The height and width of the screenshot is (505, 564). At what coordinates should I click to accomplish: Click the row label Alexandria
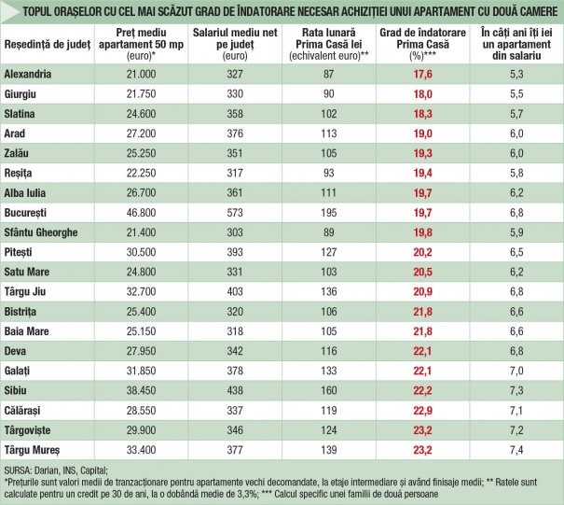point(29,74)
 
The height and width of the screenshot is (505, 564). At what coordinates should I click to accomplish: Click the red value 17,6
point(423,74)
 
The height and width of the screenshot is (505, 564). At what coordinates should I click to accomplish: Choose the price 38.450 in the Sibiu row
point(141,389)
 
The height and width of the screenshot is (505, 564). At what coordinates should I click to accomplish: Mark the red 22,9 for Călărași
point(423,410)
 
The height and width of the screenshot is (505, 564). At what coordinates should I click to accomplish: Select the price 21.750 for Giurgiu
point(141,93)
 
